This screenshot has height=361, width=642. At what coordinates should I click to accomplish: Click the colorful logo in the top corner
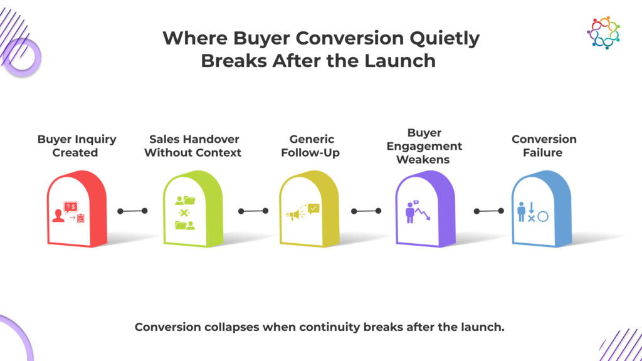click(x=603, y=33)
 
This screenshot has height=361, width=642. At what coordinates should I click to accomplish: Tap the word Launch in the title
click(x=400, y=61)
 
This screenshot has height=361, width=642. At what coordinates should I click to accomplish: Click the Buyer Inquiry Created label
click(x=76, y=145)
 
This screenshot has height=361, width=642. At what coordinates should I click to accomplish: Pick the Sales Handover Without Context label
click(x=193, y=145)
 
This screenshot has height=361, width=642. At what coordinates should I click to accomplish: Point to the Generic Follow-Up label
click(x=311, y=146)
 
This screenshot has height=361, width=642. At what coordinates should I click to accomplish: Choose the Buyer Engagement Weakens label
click(x=424, y=146)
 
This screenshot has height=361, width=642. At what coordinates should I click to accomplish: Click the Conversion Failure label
click(x=544, y=145)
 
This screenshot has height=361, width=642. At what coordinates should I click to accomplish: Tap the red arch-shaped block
click(x=77, y=209)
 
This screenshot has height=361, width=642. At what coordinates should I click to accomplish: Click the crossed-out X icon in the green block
click(x=184, y=212)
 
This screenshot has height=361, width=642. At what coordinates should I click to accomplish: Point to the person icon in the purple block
click(x=410, y=213)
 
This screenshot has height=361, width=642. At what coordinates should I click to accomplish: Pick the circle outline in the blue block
click(x=543, y=216)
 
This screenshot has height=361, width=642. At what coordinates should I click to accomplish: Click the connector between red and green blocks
click(x=132, y=211)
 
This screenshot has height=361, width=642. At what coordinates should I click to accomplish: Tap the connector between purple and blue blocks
click(x=489, y=211)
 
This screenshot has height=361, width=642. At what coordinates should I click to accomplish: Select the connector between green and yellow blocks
click(x=253, y=211)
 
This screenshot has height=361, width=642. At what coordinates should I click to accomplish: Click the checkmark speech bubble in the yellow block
click(x=313, y=209)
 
